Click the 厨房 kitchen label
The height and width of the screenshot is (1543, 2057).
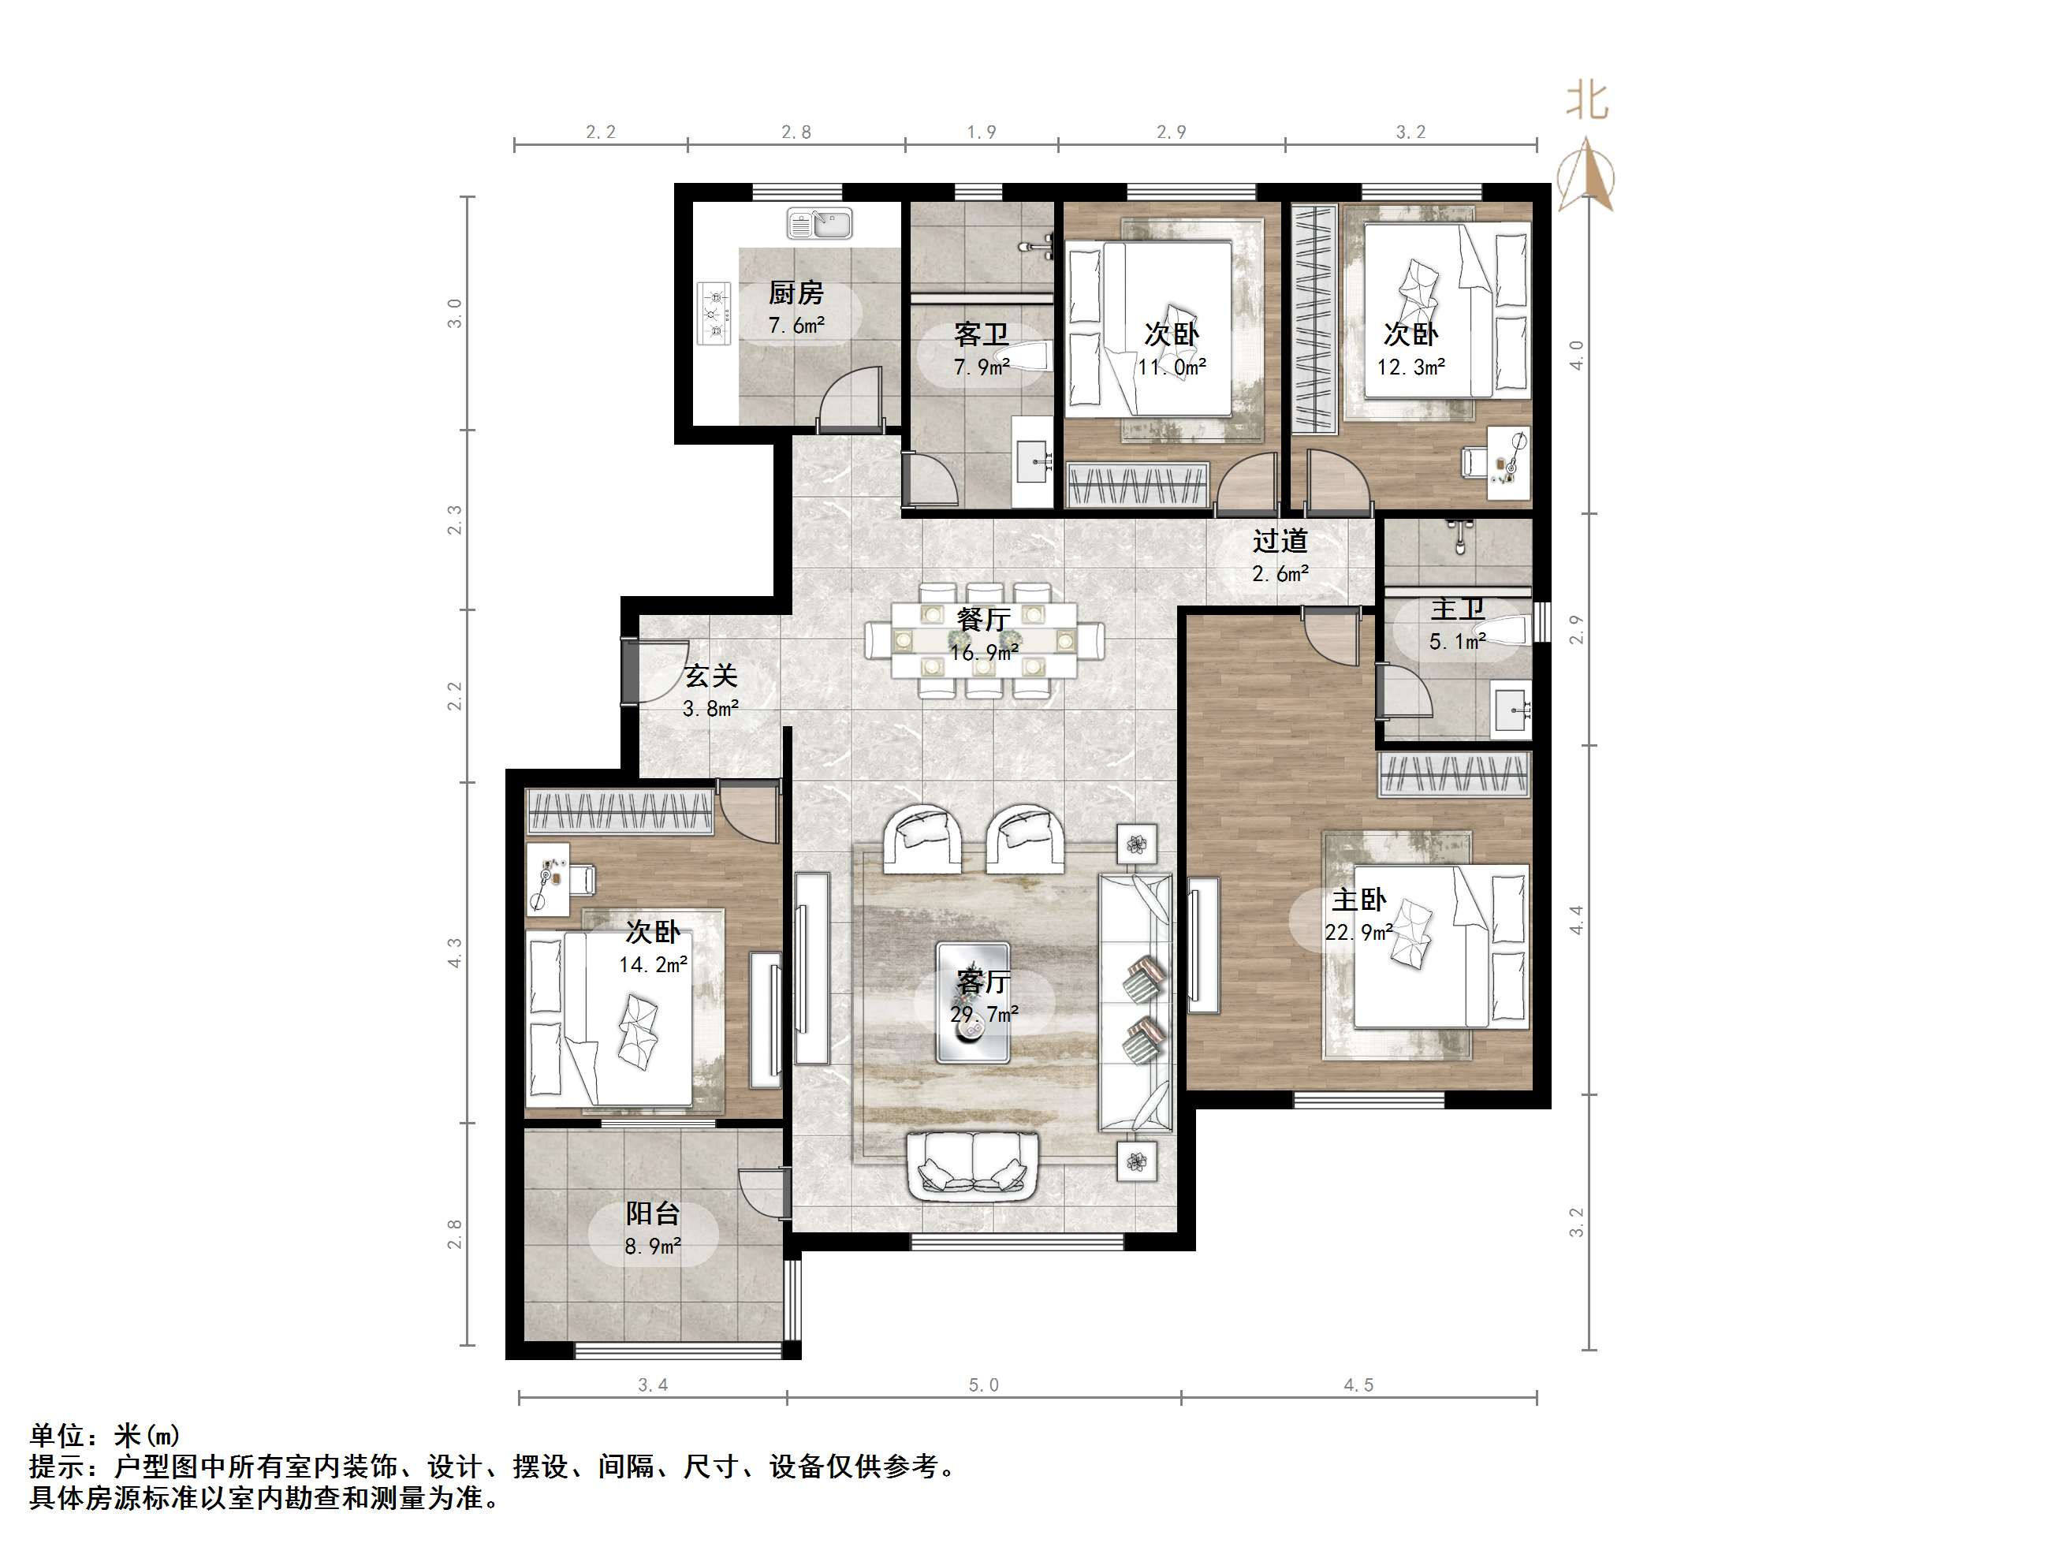pos(796,293)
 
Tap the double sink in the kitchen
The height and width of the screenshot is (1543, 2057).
pos(819,223)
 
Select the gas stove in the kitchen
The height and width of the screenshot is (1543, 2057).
pos(714,314)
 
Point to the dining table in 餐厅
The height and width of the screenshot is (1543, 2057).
pos(984,640)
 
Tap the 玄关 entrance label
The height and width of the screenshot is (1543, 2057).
pos(710,676)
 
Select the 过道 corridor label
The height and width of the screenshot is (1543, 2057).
pos(1280,542)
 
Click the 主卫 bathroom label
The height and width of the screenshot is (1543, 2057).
pos(1457,609)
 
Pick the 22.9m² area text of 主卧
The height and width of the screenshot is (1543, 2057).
pos(1358,932)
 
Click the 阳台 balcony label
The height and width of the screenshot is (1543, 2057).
pos(652,1213)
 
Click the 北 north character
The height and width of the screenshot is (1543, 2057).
pos(1587,99)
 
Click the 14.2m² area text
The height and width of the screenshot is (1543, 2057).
pos(654,964)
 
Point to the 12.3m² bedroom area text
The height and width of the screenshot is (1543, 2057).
pos(1410,367)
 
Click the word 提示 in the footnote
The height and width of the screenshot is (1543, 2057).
pos(57,1467)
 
